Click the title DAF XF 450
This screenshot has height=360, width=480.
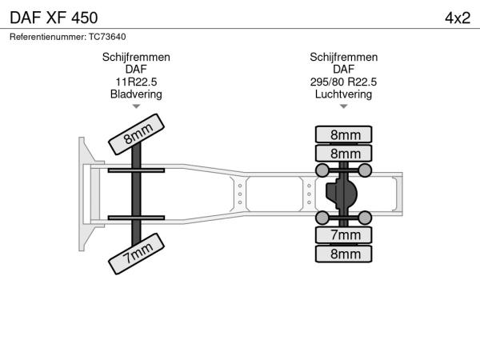pyautogui.click(x=54, y=18)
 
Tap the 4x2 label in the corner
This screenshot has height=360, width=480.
pyautogui.click(x=458, y=18)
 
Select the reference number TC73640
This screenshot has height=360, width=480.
pyautogui.click(x=107, y=37)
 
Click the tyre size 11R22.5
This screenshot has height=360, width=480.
pyautogui.click(x=136, y=82)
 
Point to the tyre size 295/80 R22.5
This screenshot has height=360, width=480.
pyautogui.click(x=343, y=82)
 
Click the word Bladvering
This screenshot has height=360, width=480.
pyautogui.click(x=136, y=94)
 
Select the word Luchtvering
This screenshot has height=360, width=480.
pyautogui.click(x=343, y=94)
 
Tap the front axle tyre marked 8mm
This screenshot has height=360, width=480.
pyautogui.click(x=137, y=134)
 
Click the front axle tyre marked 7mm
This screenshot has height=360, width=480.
pyautogui.click(x=137, y=254)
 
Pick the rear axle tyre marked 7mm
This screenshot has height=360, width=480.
pyautogui.click(x=344, y=235)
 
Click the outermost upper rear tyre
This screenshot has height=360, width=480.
pyautogui.click(x=344, y=134)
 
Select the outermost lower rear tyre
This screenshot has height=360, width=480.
pyautogui.click(x=344, y=254)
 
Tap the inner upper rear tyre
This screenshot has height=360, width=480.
pyautogui.click(x=344, y=153)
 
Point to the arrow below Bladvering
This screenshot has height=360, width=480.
pyautogui.click(x=136, y=106)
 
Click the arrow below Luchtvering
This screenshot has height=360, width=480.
pyautogui.click(x=343, y=106)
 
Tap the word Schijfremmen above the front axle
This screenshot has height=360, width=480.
pyautogui.click(x=136, y=58)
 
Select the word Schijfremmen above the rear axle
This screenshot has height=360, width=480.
pyautogui.click(x=343, y=58)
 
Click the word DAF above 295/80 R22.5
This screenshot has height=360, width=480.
pyautogui.click(x=343, y=70)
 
